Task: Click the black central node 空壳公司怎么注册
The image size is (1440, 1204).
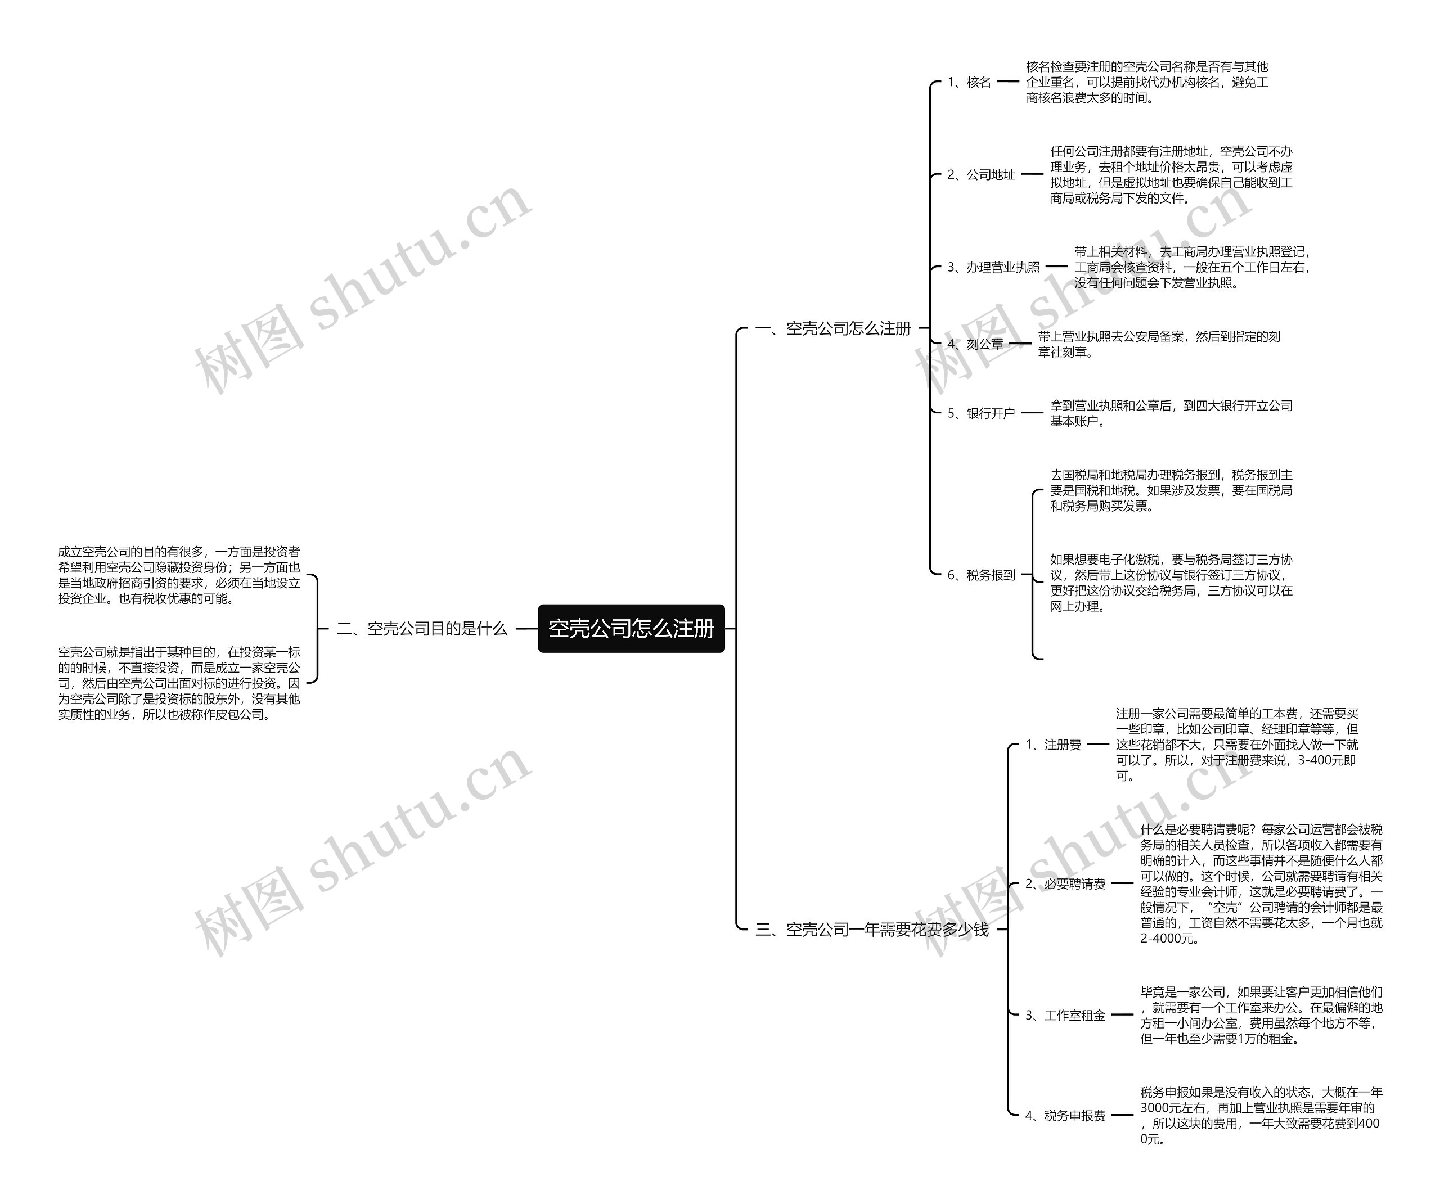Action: click(631, 628)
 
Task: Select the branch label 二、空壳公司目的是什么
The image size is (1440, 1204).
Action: click(422, 628)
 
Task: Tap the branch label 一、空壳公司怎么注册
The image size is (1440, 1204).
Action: click(832, 328)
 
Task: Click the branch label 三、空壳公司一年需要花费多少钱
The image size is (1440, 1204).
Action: click(871, 929)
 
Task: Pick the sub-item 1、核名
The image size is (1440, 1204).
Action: click(969, 82)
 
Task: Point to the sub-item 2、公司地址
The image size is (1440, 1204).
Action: click(981, 175)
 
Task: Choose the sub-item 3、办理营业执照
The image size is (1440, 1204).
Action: click(993, 268)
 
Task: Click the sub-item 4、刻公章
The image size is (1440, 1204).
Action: click(975, 344)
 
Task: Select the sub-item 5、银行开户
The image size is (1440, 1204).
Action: click(981, 413)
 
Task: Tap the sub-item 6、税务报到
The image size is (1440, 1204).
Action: click(981, 575)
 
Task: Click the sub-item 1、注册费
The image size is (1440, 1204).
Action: click(1053, 745)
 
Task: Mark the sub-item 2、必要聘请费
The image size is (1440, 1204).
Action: click(1065, 884)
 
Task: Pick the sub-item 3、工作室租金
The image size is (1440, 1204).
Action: click(1065, 1016)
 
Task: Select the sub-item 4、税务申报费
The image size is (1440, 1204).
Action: click(1065, 1116)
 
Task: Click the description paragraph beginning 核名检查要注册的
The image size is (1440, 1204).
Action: click(1146, 82)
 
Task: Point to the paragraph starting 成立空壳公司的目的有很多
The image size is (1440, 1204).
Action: click(178, 575)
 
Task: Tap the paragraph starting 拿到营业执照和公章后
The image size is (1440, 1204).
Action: click(1171, 413)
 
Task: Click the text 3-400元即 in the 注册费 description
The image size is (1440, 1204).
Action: click(1326, 760)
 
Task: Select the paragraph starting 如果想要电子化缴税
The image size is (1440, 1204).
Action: click(1171, 583)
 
